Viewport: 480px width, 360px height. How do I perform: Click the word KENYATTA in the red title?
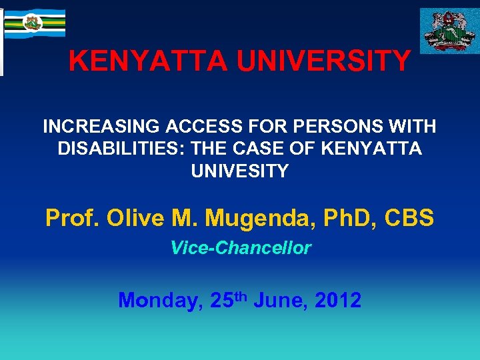click(x=139, y=62)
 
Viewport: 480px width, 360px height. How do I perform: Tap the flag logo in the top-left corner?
click(x=33, y=23)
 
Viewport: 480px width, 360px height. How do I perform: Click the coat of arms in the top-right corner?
click(x=448, y=31)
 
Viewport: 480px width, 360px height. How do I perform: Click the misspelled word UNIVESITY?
click(x=240, y=171)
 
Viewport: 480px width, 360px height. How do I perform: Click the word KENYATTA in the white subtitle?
click(x=371, y=149)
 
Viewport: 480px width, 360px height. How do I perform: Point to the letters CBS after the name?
click(x=413, y=218)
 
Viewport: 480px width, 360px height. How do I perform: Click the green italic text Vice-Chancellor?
click(x=240, y=248)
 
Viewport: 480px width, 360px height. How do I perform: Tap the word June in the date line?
click(x=279, y=301)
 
